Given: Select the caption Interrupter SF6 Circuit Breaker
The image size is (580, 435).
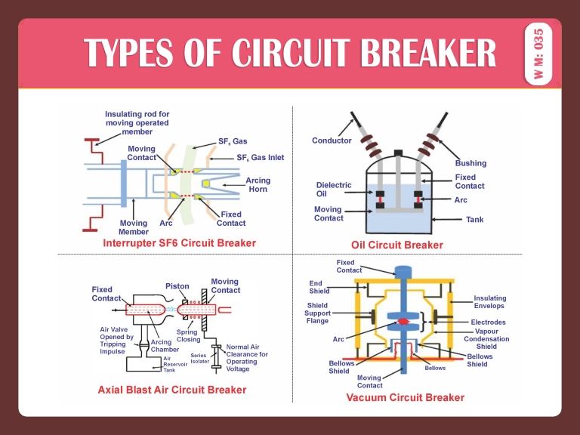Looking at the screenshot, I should [179, 243].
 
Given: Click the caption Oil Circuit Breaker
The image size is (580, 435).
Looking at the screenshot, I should [397, 245].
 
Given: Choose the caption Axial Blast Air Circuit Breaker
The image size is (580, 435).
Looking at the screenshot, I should [172, 390].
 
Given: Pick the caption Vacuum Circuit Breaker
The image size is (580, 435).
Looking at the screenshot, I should [405, 397].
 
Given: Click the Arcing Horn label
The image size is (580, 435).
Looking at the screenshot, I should [258, 185].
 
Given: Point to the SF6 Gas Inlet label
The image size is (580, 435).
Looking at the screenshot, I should [261, 158].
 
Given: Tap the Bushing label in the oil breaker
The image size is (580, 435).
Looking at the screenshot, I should [470, 163].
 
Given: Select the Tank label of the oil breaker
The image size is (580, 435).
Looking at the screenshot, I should [474, 220].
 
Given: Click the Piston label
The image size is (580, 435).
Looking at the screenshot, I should [177, 286].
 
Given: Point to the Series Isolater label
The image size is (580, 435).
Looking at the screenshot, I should [199, 358].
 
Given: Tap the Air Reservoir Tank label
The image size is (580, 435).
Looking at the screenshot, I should [174, 364].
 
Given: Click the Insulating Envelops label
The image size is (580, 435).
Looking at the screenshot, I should [490, 302].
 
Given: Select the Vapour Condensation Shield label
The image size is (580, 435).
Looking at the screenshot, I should [486, 339].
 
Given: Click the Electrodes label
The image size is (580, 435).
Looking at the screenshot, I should [488, 322].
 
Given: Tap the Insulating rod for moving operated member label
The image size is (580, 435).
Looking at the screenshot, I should [137, 122].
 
